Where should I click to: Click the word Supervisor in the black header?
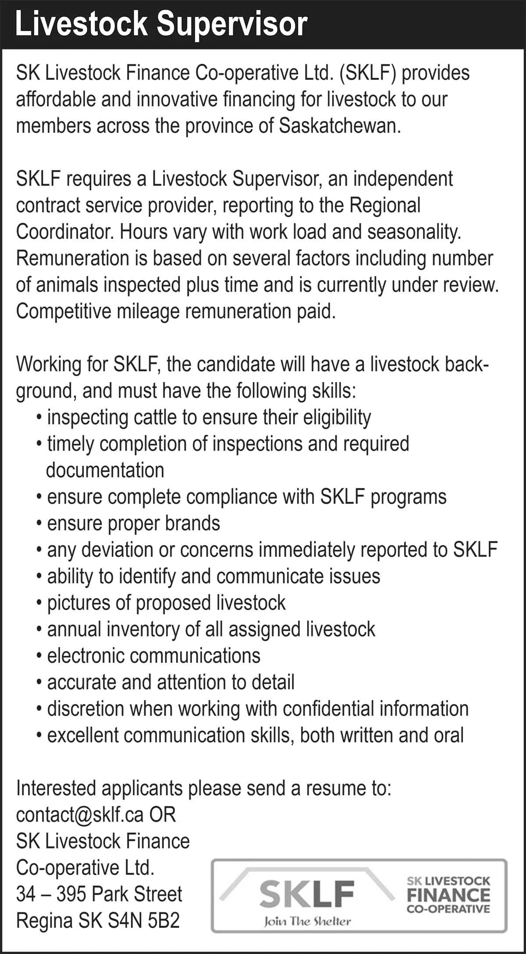[232, 25]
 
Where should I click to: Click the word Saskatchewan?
[340, 126]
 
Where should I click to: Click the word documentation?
[105, 470]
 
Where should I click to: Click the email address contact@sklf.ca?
[80, 815]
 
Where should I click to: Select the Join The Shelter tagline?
[307, 922]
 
